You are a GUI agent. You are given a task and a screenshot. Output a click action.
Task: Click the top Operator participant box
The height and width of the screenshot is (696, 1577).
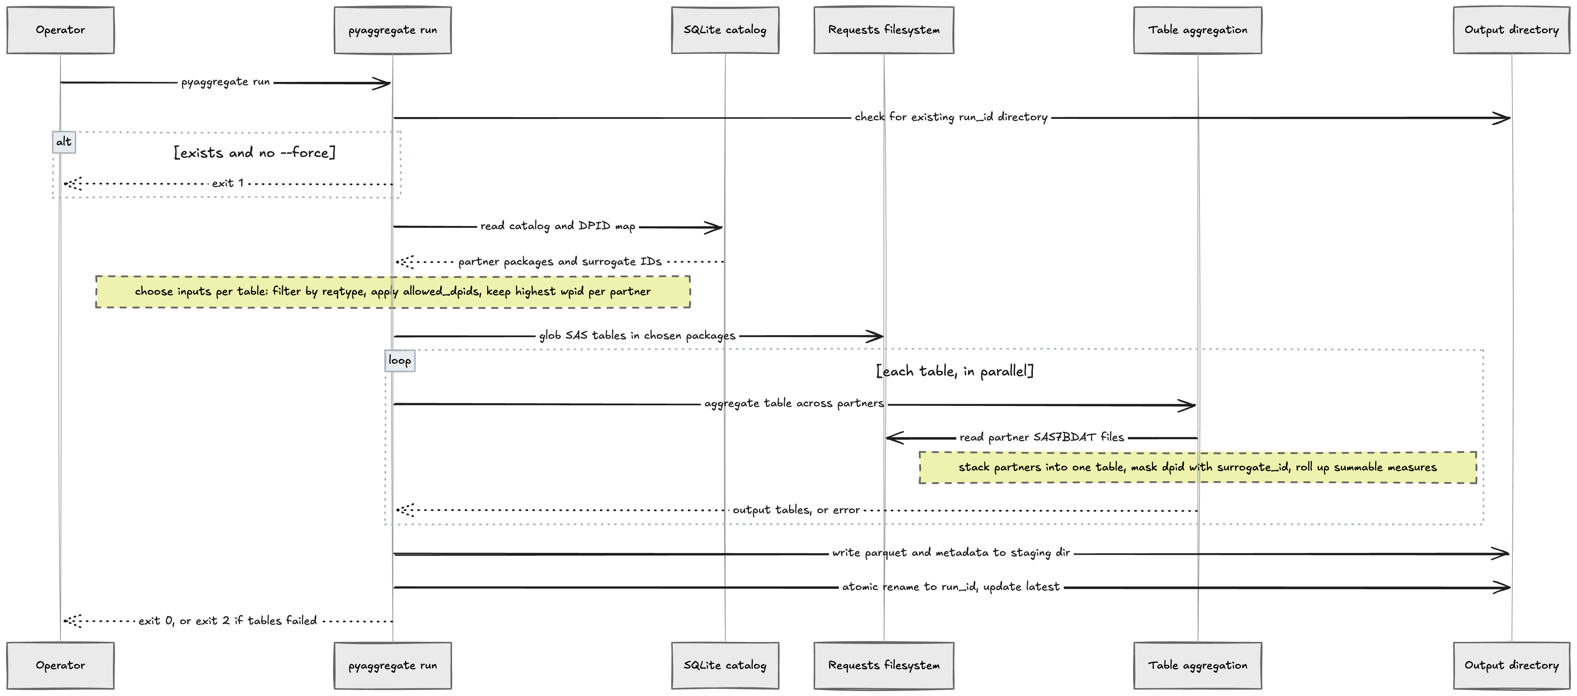click(x=61, y=30)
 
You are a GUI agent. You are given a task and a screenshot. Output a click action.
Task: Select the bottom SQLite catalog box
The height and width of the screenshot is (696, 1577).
click(x=725, y=665)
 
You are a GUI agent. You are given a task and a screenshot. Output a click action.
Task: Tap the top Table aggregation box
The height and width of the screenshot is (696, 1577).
click(x=1198, y=30)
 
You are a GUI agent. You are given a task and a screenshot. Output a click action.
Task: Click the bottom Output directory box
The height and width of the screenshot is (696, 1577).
click(x=1512, y=665)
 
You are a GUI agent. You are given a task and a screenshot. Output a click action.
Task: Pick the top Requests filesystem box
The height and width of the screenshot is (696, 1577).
click(x=883, y=30)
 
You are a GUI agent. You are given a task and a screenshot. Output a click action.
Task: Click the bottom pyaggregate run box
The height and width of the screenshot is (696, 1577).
click(x=393, y=665)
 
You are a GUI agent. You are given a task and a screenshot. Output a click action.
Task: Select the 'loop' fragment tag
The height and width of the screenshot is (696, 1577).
click(x=400, y=360)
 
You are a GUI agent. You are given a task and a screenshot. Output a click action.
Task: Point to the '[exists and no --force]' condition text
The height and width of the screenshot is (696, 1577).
click(x=255, y=152)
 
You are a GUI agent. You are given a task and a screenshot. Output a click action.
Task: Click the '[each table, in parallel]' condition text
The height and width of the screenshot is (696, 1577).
click(x=955, y=371)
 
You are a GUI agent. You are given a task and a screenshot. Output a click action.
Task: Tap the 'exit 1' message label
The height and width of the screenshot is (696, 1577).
click(x=228, y=183)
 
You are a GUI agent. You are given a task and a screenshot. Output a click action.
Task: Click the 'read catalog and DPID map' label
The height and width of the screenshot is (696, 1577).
click(x=558, y=226)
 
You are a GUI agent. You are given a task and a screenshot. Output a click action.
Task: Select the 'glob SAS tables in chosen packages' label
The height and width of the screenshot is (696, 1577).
click(x=637, y=336)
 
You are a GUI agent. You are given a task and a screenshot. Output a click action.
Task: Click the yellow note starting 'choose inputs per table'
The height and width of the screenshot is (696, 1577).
click(x=393, y=291)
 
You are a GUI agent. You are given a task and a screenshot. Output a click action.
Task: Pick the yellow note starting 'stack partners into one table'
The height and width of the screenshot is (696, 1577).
click(x=1198, y=467)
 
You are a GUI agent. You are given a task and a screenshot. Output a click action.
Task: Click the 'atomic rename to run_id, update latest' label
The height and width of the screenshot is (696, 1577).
click(x=951, y=586)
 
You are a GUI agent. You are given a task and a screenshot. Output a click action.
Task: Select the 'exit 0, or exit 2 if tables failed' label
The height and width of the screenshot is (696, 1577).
click(x=228, y=621)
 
